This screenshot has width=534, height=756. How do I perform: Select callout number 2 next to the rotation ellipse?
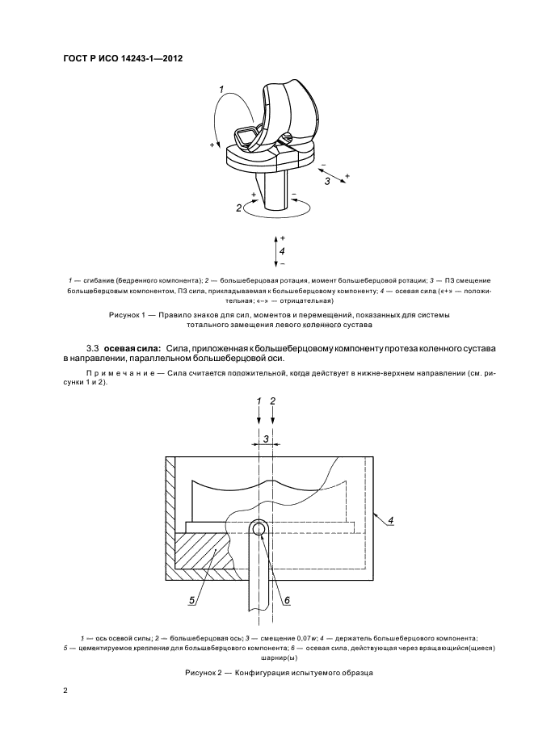coord(239,208)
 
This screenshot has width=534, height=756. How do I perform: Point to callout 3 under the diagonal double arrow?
coord(327,183)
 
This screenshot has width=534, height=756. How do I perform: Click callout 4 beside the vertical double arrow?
coord(282,251)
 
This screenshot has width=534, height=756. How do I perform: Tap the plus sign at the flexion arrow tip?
coord(212,145)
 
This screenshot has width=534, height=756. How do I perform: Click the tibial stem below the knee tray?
coord(275,190)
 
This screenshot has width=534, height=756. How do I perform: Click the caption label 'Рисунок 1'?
coord(128,313)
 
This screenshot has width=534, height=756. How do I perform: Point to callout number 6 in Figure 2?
coord(286,599)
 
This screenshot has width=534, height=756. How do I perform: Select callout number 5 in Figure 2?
coord(191,600)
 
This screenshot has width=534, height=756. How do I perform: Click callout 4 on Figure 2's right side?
coord(390,520)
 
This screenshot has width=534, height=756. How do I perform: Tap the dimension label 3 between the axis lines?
coord(266,439)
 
